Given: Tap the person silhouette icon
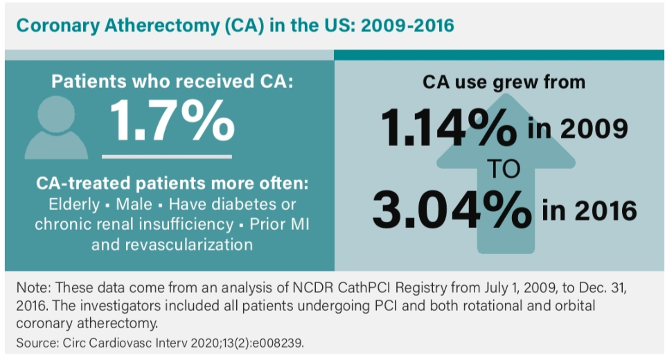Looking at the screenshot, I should pos(56,127).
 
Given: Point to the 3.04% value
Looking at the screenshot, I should pos(447,208).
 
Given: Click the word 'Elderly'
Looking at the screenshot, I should pos(73,205).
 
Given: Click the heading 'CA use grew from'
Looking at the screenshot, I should pos(504,82).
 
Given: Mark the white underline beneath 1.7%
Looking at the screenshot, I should pos(167,156).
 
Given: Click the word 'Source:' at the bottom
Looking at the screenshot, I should pos(35,341).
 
